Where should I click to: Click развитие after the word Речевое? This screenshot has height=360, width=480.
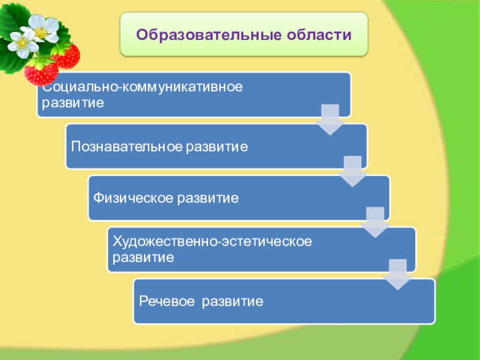pyautogui.click(x=233, y=300)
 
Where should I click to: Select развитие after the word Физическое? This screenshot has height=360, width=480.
pyautogui.click(x=209, y=197)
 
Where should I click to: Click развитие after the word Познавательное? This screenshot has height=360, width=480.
pyautogui.click(x=217, y=146)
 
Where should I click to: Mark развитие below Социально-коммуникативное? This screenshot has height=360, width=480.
pyautogui.click(x=71, y=103)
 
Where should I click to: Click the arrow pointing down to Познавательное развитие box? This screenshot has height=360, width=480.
pyautogui.click(x=329, y=120)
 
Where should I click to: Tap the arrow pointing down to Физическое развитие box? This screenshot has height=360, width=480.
pyautogui.click(x=352, y=171)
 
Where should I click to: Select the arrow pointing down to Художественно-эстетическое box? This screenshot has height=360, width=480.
pyautogui.click(x=375, y=222)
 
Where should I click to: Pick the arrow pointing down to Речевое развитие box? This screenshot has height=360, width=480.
pyautogui.click(x=397, y=274)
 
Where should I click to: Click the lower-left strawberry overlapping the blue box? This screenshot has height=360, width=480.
pyautogui.click(x=41, y=72)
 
